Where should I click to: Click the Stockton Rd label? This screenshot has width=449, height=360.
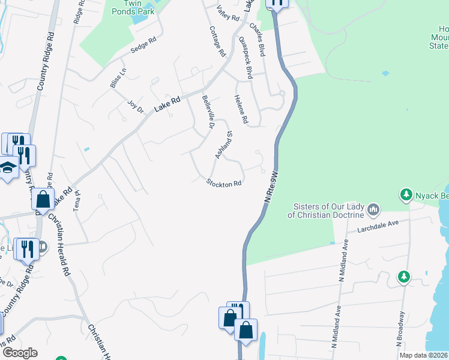224,183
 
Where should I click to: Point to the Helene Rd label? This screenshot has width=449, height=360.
241,110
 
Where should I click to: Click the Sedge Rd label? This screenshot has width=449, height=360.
143,47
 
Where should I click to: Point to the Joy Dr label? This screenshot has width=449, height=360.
136,106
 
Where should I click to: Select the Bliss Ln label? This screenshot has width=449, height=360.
118,79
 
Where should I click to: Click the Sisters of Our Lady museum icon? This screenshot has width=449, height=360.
373,209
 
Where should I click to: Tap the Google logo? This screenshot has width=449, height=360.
20,353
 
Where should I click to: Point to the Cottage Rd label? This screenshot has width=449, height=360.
217,41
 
